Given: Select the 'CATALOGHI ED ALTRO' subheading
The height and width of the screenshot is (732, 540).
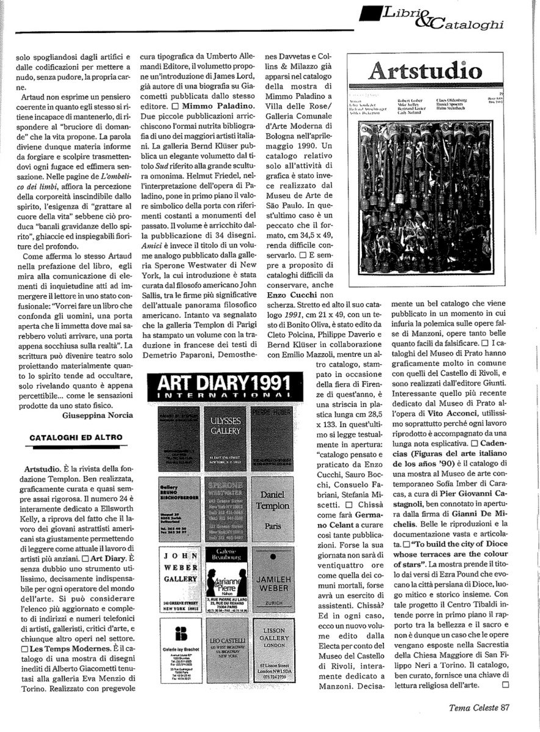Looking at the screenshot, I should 76,437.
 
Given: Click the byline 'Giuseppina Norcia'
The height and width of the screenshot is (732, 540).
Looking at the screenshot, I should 97,415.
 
